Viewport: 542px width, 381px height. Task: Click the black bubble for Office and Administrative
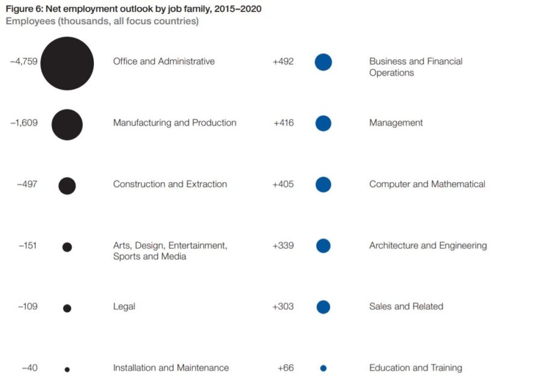tap(67, 63)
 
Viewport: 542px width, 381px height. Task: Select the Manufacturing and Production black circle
tap(67, 125)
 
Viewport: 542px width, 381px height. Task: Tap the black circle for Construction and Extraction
tap(67, 186)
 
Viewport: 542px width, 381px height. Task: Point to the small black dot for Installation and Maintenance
tap(67, 369)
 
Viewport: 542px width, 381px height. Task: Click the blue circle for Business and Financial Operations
tap(323, 62)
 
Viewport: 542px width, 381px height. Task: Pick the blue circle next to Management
tap(323, 124)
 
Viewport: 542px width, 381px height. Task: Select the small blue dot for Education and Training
tap(323, 368)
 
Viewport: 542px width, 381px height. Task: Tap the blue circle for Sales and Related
tap(323, 307)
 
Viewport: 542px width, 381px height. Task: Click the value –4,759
tap(23, 61)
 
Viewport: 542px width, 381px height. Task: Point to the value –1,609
tap(23, 123)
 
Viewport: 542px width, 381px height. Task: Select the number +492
tap(283, 61)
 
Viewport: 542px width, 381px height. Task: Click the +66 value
tap(285, 368)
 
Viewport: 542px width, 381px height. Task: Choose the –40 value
tap(29, 368)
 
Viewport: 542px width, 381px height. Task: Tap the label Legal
tap(124, 307)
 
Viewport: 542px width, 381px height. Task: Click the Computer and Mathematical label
tap(427, 184)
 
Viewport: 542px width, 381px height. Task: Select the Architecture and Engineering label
tap(428, 245)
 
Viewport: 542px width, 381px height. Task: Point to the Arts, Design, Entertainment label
tap(170, 245)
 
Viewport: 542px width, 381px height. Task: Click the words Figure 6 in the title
tap(25, 10)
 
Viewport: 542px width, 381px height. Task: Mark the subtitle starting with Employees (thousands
tap(102, 22)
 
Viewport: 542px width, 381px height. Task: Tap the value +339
tap(283, 245)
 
